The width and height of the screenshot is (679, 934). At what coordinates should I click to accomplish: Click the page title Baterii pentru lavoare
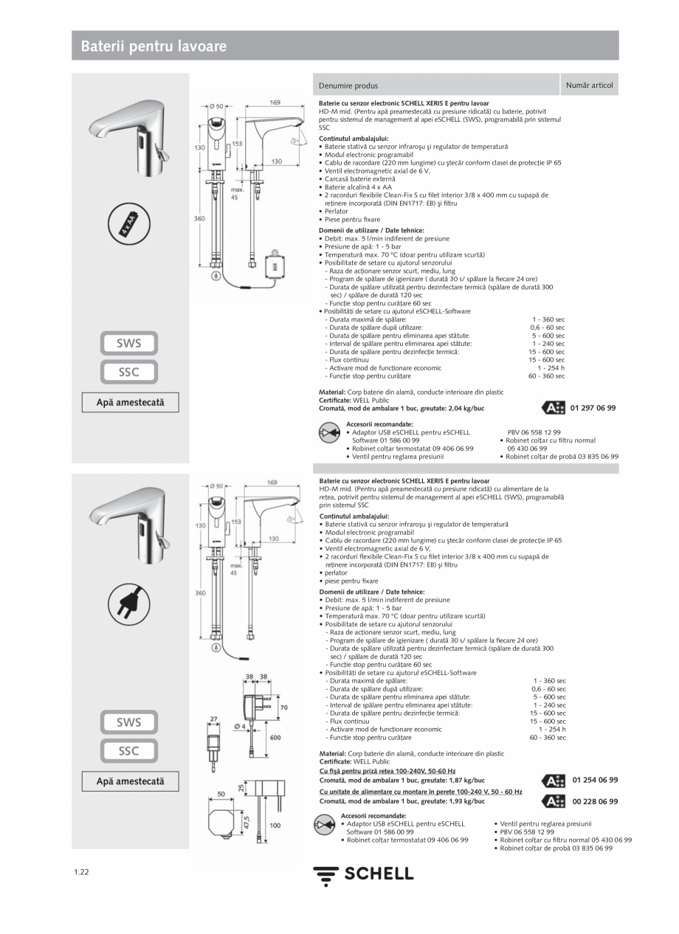[x=154, y=46]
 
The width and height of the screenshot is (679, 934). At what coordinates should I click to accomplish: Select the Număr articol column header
[x=589, y=86]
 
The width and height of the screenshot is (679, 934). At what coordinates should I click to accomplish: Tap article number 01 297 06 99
[x=593, y=408]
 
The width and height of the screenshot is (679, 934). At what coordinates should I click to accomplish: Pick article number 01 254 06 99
[x=595, y=780]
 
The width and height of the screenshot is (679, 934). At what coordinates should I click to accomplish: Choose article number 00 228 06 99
[x=595, y=801]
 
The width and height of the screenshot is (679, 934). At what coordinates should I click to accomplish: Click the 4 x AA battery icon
[x=130, y=226]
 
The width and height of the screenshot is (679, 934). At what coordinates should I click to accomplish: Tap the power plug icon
[x=130, y=605]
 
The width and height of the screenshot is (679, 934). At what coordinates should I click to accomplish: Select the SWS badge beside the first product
[x=129, y=343]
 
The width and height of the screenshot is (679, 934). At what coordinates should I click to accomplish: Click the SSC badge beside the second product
[x=129, y=751]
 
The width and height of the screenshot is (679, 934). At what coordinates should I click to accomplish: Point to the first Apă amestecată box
[x=130, y=403]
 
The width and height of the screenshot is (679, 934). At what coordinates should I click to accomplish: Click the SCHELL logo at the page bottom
[x=363, y=874]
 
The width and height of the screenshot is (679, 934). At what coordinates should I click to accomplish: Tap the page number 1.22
[x=81, y=872]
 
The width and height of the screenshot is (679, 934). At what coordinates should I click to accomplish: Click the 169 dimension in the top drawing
[x=274, y=103]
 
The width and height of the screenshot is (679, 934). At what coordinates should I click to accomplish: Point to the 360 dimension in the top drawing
[x=199, y=218]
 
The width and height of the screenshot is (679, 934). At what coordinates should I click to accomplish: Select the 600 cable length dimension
[x=275, y=738]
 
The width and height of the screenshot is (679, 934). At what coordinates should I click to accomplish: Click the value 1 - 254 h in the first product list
[x=551, y=368]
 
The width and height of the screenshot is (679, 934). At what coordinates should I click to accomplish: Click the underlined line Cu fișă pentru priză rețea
[x=387, y=771]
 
